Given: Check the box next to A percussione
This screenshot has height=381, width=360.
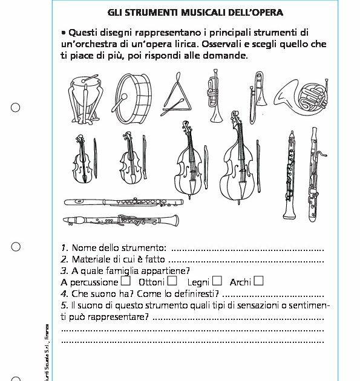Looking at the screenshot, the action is [126, 281].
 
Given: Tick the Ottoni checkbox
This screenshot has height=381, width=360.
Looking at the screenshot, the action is [172, 281].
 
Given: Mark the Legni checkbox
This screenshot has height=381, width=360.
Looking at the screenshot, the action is [217, 281].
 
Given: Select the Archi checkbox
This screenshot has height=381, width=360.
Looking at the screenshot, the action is [258, 281].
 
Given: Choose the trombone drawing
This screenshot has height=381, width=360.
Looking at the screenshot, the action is [257, 97].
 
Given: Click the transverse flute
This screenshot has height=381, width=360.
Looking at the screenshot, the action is [123, 202].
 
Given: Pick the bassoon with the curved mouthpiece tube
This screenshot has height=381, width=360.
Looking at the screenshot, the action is [314, 174].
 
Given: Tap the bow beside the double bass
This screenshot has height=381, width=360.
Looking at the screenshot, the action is [258, 166].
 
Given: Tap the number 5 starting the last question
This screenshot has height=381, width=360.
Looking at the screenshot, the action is [64, 305].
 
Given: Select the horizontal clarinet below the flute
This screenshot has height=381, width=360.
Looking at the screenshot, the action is [121, 220].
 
